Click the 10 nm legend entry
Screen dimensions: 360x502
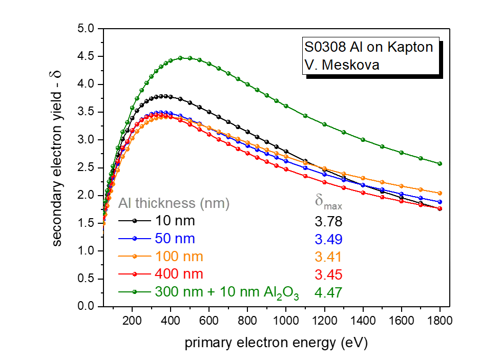[168, 221]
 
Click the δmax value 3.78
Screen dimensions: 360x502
[328, 222]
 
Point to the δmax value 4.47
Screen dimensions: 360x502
[328, 292]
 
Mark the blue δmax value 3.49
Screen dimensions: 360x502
[328, 239]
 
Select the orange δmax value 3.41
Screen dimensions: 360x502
[328, 257]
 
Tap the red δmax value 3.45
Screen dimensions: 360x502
[328, 274]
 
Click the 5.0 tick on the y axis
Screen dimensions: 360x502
[85, 29]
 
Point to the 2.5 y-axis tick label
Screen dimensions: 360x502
[85, 168]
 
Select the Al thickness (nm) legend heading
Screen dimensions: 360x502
[174, 203]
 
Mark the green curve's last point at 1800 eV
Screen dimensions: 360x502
[440, 164]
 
